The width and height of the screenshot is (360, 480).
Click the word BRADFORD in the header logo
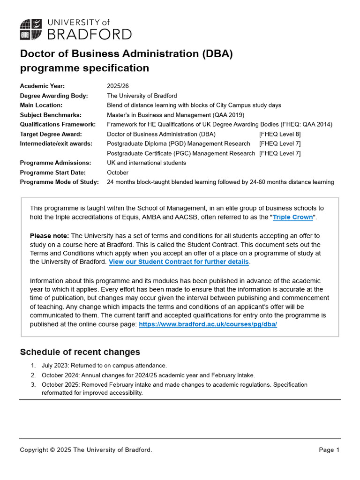(x=90, y=34)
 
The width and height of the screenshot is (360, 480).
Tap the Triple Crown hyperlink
(x=292, y=217)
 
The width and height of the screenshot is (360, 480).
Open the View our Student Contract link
(x=179, y=262)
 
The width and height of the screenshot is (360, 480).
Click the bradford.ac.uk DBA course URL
(x=208, y=324)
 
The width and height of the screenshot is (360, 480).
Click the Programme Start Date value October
(x=118, y=172)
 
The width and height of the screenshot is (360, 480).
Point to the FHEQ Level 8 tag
(x=280, y=134)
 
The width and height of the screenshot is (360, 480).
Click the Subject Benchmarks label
(x=51, y=115)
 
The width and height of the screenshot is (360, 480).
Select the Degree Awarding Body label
(x=54, y=96)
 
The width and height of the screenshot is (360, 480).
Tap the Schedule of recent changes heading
(x=80, y=352)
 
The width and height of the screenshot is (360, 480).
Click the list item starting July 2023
(x=104, y=365)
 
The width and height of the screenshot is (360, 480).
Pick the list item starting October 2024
(x=148, y=375)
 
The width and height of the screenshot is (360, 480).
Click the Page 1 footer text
(x=329, y=450)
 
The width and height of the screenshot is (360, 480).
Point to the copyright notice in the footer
(x=86, y=450)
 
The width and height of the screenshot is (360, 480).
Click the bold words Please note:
(x=49, y=235)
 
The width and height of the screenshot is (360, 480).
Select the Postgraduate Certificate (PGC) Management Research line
(x=181, y=153)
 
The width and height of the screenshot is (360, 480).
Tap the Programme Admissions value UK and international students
(x=146, y=163)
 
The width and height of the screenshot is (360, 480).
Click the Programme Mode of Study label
(x=59, y=182)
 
